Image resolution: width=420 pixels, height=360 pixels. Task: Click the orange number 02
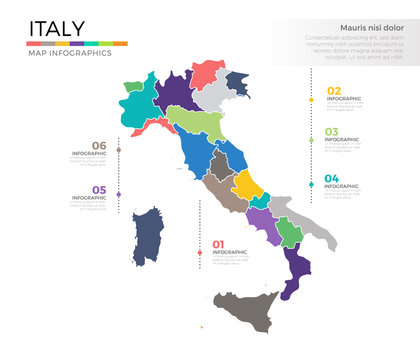333,92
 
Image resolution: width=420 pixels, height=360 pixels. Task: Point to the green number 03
331,132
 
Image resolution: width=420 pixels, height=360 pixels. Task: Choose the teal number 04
331,178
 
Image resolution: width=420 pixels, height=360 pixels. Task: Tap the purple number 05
98,189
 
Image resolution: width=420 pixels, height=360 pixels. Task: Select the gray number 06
98,146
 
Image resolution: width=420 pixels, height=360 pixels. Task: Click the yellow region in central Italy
246,184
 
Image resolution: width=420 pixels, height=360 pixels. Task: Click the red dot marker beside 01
200,251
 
